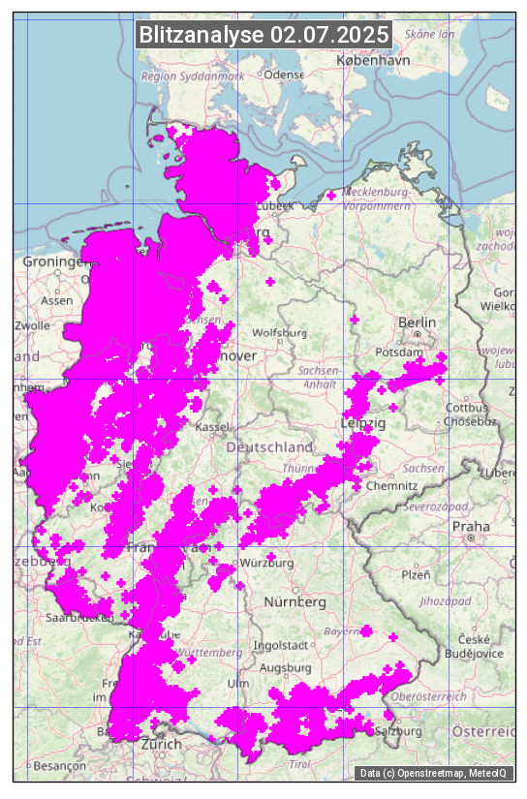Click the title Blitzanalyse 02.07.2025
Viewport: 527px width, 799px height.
coord(263,35)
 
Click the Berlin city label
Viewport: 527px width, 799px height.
coord(418,322)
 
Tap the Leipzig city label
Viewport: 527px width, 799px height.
coord(363,423)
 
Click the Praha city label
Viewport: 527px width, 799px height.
coord(471,526)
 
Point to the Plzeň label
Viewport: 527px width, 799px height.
coord(416,574)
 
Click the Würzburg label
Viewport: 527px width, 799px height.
coord(266,563)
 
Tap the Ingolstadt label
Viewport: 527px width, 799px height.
coord(280,645)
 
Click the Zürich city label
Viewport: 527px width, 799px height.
coord(161,744)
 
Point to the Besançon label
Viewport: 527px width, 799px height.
coord(59,765)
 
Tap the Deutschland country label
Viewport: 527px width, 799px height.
coord(269,446)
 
